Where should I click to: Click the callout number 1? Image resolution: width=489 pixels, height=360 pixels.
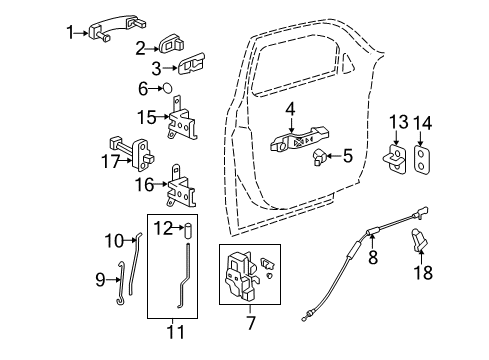point(70,33)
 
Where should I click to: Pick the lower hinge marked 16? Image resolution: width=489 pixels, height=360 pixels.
point(184,186)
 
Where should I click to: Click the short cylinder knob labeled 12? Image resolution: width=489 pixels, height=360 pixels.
point(185,233)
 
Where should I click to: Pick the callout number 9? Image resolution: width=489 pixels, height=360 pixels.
point(100,280)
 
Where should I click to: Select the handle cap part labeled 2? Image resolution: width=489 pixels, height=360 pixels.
point(171,45)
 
